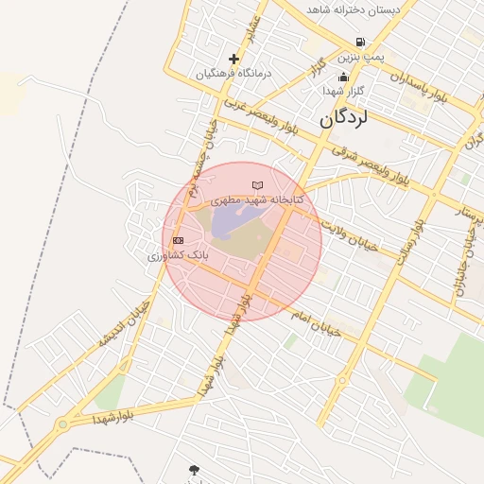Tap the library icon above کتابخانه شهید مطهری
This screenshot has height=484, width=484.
(256, 184)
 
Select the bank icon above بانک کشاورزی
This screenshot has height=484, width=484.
(178, 240)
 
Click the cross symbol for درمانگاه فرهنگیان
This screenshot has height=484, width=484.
(233, 59)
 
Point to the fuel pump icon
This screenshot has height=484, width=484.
(360, 42)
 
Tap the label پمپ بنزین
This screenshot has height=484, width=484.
(363, 58)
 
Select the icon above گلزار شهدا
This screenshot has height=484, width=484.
(342, 76)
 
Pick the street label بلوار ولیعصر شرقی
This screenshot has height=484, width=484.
(370, 164)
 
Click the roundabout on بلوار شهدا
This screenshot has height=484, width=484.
(63, 424)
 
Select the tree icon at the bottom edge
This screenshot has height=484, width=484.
(194, 470)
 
